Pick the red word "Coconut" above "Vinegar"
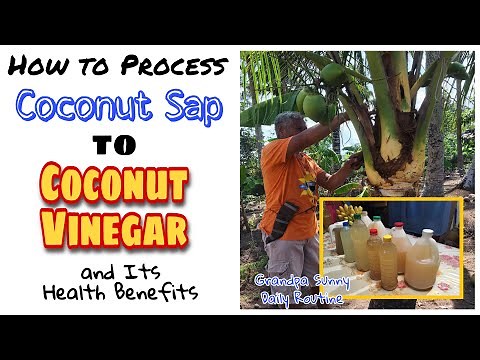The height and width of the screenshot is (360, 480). (x=120, y=183)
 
